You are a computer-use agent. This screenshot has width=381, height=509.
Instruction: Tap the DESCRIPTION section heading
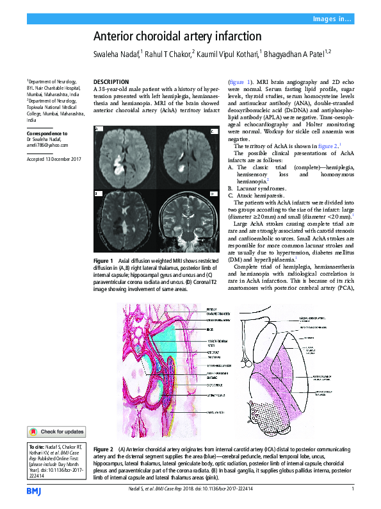pyautogui.click(x=111, y=82)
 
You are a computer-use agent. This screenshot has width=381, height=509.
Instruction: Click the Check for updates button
pyautogui.click(x=56, y=431)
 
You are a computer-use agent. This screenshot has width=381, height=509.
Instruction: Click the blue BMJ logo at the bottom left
pyautogui.click(x=34, y=490)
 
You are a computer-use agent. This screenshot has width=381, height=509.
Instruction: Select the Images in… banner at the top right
pyautogui.click(x=332, y=19)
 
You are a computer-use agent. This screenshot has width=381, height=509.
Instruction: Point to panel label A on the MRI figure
pyautogui.click(x=97, y=129)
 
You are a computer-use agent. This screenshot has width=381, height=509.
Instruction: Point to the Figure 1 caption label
pyautogui.click(x=102, y=261)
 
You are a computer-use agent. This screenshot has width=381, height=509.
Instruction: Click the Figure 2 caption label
pyautogui.click(x=102, y=449)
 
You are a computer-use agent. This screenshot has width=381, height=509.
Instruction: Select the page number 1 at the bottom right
pyautogui.click(x=353, y=490)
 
